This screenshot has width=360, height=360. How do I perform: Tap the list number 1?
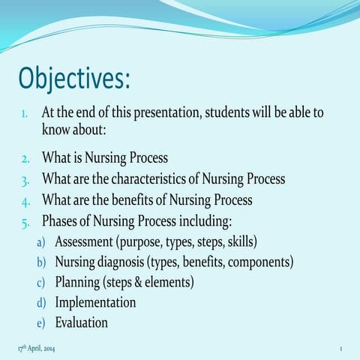click(25, 114)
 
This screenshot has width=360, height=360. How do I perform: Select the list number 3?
click(25, 180)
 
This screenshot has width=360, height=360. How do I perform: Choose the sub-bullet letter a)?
click(42, 243)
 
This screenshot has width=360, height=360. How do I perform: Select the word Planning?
click(77, 283)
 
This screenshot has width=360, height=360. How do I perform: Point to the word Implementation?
click(95, 302)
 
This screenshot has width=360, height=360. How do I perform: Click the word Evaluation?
click(81, 322)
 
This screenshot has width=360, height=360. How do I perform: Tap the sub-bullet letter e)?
click(42, 323)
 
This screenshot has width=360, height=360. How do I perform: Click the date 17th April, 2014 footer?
click(35, 349)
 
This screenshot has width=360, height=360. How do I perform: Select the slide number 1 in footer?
click(340, 349)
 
